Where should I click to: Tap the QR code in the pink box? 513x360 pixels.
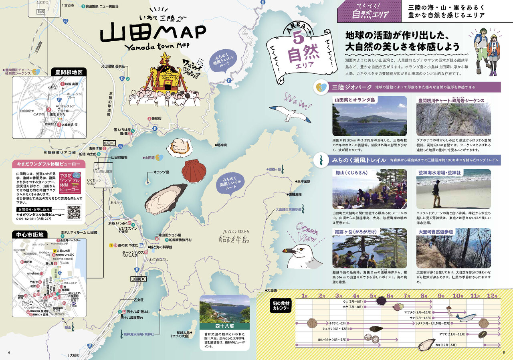[74, 212]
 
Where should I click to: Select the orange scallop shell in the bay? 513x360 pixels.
[194, 170]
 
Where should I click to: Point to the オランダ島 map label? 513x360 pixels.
[161, 172]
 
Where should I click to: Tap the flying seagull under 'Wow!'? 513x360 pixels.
[289, 113]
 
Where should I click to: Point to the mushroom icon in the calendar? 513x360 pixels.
[450, 311]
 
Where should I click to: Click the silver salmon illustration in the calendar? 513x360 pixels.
[466, 317]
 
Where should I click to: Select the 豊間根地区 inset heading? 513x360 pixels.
[69, 72]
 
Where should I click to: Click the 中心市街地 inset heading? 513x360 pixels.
[30, 234]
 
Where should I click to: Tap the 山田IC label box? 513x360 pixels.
[109, 143]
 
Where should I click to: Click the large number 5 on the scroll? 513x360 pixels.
[299, 38]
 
